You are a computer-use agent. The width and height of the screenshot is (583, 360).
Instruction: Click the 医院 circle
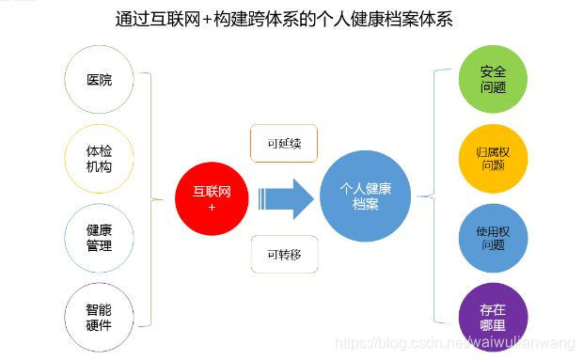(99, 80)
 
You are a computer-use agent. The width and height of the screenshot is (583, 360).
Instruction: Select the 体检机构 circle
(99, 159)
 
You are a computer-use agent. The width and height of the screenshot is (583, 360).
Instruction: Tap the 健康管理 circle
(99, 238)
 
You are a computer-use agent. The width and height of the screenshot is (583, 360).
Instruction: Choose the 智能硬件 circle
(99, 317)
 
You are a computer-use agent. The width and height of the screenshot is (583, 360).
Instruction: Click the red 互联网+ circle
(212, 198)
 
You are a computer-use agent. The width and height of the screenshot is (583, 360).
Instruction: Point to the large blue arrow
(286, 198)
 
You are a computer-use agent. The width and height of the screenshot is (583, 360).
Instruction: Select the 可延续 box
(283, 144)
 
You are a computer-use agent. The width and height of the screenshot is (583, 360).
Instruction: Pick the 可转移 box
(283, 254)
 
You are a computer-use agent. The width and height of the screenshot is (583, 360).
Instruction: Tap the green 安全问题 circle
(493, 79)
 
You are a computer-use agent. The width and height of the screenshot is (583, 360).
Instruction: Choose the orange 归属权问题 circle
(493, 158)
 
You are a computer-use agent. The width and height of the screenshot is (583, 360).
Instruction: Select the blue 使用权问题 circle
(493, 237)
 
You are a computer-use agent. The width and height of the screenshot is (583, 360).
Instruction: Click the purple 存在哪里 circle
(493, 316)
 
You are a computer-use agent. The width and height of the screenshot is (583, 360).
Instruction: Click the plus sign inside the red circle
(212, 206)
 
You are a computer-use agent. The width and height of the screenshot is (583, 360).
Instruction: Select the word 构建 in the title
(243, 19)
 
